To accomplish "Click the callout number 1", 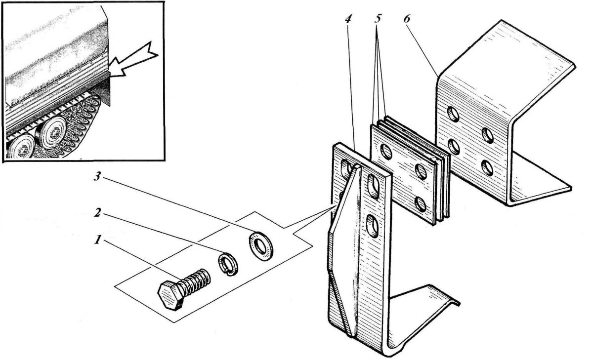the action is [x=98, y=240].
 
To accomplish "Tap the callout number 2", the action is [x=98, y=212].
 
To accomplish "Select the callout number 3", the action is [x=98, y=176].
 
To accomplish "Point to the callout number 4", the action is [x=348, y=19].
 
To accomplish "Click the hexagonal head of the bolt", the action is [x=170, y=295].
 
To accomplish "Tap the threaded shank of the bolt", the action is [x=195, y=281].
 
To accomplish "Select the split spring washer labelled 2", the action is [x=228, y=264].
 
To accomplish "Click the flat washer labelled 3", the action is [x=261, y=246].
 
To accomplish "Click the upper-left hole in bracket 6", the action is [x=453, y=114].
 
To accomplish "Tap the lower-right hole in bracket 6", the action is [x=487, y=168].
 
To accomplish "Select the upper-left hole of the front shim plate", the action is [x=386, y=152].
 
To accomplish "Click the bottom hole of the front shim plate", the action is [x=421, y=204].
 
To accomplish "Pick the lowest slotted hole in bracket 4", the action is [x=373, y=226].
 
